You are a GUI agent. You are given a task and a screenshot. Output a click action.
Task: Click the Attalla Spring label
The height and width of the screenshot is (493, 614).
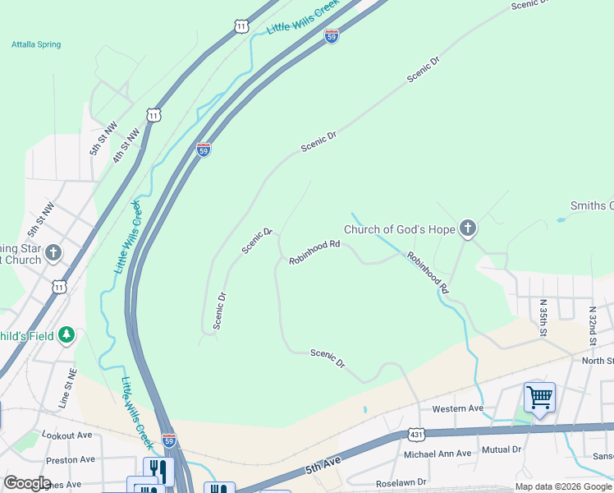coord(36,44)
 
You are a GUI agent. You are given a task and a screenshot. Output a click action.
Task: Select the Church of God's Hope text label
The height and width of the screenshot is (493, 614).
coord(399,229)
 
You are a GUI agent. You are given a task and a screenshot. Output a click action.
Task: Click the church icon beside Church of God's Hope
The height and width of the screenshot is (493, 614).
coord(468,228)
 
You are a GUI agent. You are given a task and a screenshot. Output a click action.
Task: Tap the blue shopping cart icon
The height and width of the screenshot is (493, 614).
coord(539,398)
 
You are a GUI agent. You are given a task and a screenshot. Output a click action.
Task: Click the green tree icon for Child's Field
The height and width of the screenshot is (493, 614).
coord(66,335)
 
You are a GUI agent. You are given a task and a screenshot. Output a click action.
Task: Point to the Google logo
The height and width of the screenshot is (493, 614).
coord(26,483)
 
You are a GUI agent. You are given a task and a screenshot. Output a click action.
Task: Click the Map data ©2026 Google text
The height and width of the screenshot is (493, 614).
coord(562,486)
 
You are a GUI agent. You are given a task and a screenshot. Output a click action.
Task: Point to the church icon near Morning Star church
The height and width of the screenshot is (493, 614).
coord(54,252)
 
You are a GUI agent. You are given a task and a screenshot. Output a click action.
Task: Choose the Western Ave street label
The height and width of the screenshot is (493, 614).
coord(458,408)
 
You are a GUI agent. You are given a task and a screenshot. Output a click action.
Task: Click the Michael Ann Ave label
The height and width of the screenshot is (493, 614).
coord(438,454)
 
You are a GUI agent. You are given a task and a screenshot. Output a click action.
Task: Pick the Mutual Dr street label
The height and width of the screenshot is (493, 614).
coord(502,449)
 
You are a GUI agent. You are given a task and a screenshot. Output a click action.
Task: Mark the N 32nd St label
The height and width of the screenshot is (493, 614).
coord(593,326)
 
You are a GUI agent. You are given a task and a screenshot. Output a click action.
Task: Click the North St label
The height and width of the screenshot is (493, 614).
coord(598,361)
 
